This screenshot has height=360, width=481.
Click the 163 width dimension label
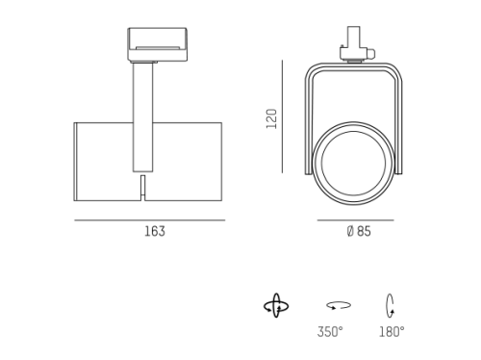pos(155,231)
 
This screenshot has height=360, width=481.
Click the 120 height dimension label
pos(271,118)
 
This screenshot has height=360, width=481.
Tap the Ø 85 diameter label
pos(359,231)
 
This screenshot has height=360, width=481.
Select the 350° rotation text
pos(330,332)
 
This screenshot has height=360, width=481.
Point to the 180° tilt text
pos(392,332)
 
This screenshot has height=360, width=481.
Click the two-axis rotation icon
pos(276,306)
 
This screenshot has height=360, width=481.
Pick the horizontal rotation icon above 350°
pos(339,305)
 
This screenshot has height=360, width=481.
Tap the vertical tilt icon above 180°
pos(390,306)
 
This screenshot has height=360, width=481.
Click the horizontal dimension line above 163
pos(150,220)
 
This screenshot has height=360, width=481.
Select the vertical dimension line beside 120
pos(283,116)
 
